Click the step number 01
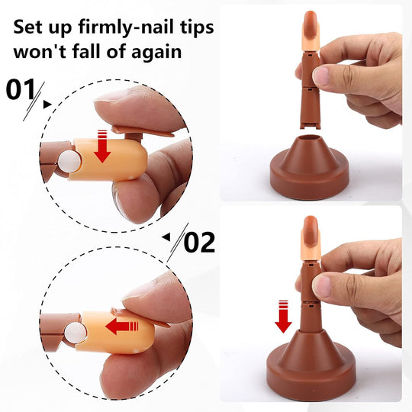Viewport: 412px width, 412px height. (22, 90)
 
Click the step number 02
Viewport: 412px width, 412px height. (200, 243)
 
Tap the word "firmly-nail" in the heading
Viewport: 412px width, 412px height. (123, 28)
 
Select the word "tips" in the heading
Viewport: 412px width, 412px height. (192, 28)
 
